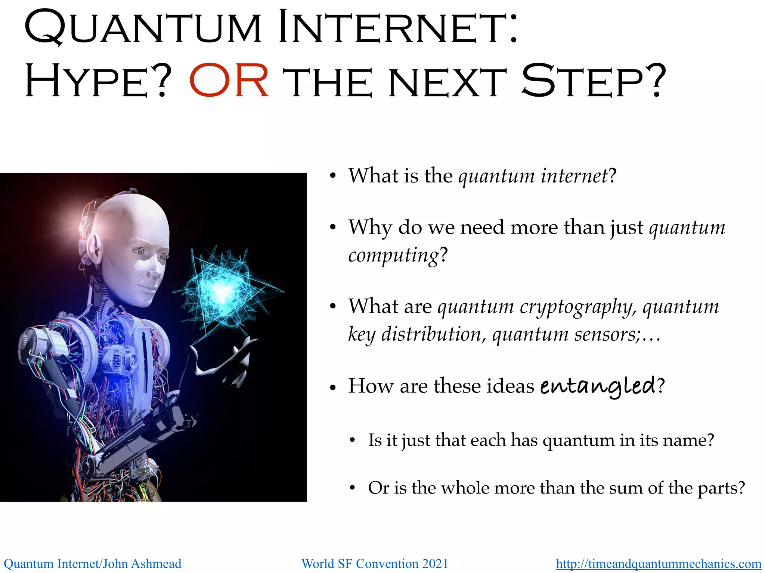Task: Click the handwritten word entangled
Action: pos(598,386)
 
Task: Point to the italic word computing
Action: pos(393,256)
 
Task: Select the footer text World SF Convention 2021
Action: pos(375,563)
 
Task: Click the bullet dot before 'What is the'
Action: pos(333,176)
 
